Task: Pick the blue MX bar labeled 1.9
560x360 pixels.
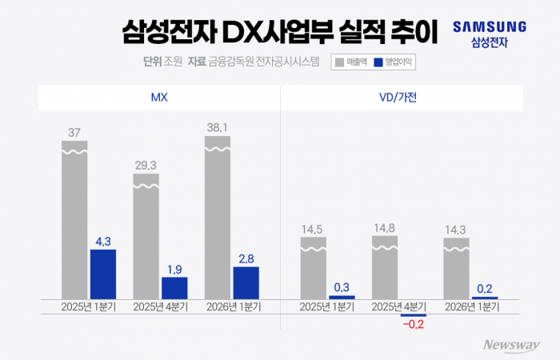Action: point(174,288)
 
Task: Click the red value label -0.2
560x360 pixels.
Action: point(414,325)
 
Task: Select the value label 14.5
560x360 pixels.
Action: point(313,230)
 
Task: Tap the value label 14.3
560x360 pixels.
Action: point(457,230)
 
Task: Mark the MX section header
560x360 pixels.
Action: point(159,98)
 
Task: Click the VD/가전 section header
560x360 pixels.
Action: point(402,98)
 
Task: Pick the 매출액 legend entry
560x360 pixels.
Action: point(351,61)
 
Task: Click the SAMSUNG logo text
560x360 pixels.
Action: point(490,26)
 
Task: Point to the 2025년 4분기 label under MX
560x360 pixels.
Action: point(160,306)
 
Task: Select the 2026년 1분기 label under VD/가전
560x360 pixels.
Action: point(471,306)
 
